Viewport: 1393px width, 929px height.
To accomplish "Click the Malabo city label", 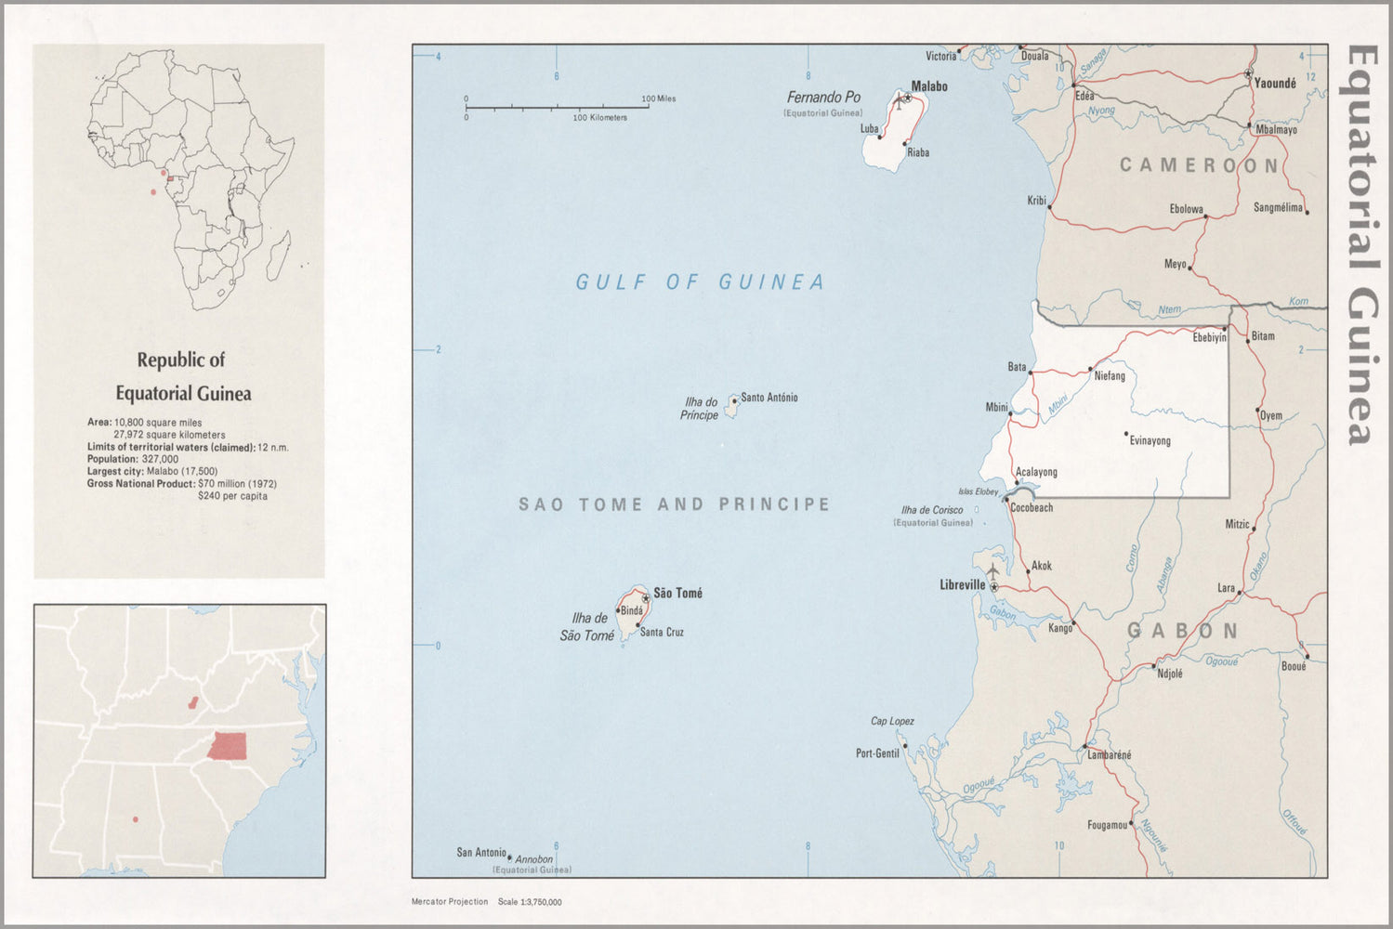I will [x=929, y=86].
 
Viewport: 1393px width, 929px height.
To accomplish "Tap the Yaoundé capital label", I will [x=1275, y=84].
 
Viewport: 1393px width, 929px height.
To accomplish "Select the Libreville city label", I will [x=962, y=585].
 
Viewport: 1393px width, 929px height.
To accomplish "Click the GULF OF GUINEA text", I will [x=700, y=282].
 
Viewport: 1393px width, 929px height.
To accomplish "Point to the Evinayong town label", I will [x=1150, y=441].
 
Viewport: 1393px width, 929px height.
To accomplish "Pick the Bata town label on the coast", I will [x=1017, y=367].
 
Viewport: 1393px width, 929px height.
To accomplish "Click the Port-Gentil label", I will [x=877, y=753].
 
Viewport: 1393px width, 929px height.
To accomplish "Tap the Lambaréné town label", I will [x=1110, y=755].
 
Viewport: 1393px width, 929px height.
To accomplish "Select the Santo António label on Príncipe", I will [x=769, y=398].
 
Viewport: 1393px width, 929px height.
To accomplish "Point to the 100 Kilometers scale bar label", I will [x=599, y=118].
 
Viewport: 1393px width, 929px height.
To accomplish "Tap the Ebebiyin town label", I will [x=1209, y=338].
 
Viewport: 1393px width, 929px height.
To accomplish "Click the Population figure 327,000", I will [x=160, y=459].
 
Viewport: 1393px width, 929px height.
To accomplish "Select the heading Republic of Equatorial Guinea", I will [x=182, y=376].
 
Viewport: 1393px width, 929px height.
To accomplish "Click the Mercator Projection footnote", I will [x=450, y=902].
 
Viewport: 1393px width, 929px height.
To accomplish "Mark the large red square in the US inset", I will [x=228, y=746].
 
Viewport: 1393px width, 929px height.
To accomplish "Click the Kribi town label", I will [x=1036, y=201].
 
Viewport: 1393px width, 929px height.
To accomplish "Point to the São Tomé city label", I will [x=677, y=594].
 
